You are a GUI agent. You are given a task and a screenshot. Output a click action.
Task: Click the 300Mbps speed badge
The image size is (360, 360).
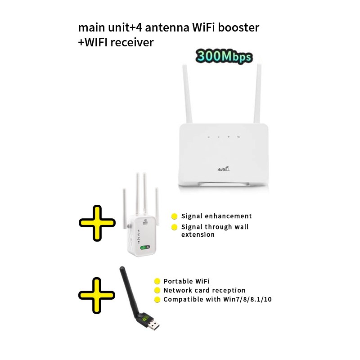[224, 57]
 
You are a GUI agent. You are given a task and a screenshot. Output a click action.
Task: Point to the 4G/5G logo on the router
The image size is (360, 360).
[224, 168]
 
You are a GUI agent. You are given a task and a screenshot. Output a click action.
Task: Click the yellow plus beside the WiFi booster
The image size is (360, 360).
[97, 223]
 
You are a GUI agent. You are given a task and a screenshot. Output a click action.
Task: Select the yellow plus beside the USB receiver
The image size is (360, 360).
[97, 295]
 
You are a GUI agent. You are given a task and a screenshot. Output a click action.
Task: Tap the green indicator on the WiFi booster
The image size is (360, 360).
[145, 247]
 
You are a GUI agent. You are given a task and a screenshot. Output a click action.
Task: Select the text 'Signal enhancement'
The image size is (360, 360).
[216, 216]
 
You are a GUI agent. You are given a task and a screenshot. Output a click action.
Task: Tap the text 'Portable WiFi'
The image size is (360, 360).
[186, 281]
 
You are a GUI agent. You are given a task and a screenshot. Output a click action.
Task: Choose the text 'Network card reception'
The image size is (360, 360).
[204, 290]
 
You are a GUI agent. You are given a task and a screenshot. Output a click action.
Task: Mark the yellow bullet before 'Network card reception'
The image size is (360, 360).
[157, 291]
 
